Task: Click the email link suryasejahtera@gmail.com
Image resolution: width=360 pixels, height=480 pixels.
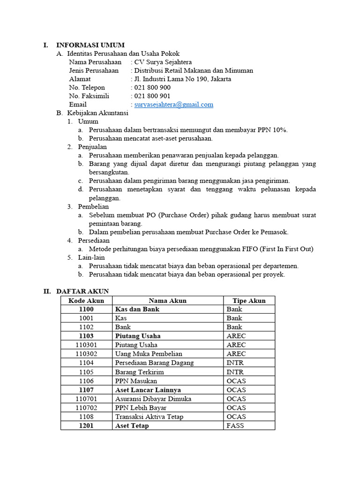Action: click(x=173, y=105)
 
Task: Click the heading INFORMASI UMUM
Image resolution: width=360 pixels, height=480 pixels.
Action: click(x=90, y=45)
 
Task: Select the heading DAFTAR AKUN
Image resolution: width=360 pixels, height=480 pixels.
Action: click(x=82, y=292)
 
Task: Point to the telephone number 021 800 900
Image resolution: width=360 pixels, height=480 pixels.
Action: click(x=152, y=88)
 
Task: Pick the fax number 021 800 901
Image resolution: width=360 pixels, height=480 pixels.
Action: click(x=152, y=96)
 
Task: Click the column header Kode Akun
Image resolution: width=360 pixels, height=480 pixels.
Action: click(x=86, y=300)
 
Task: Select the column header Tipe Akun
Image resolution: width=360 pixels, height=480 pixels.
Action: click(x=249, y=300)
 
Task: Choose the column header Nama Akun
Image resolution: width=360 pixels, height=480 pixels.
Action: click(x=167, y=300)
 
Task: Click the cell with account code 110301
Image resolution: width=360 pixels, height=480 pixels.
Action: click(x=86, y=345)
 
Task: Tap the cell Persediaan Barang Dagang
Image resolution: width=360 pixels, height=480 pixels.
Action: click(x=154, y=363)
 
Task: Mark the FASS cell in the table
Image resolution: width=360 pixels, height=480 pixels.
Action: click(x=235, y=426)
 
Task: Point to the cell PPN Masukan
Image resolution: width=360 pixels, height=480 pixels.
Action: click(x=136, y=381)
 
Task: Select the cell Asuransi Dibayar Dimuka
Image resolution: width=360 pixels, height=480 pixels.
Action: click(x=153, y=399)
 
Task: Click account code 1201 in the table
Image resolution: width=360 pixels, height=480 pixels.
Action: click(x=86, y=426)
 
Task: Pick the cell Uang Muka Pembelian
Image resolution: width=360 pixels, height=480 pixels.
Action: click(x=149, y=354)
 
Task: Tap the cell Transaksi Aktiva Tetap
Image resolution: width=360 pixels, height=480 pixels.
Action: click(x=149, y=417)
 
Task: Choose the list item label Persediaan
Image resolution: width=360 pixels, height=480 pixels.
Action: click(x=94, y=240)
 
